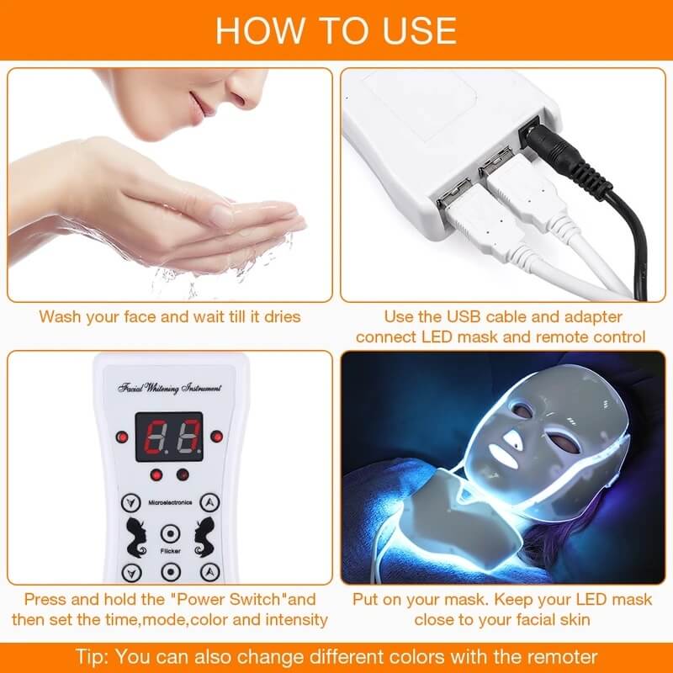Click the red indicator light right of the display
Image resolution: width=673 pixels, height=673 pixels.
[217, 436]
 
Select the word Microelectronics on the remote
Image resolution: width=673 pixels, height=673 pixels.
[170, 502]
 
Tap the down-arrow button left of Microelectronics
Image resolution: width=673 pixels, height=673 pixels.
[129, 503]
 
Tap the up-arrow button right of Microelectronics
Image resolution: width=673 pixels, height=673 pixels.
[210, 503]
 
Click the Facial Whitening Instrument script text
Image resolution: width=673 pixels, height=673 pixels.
[170, 389]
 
